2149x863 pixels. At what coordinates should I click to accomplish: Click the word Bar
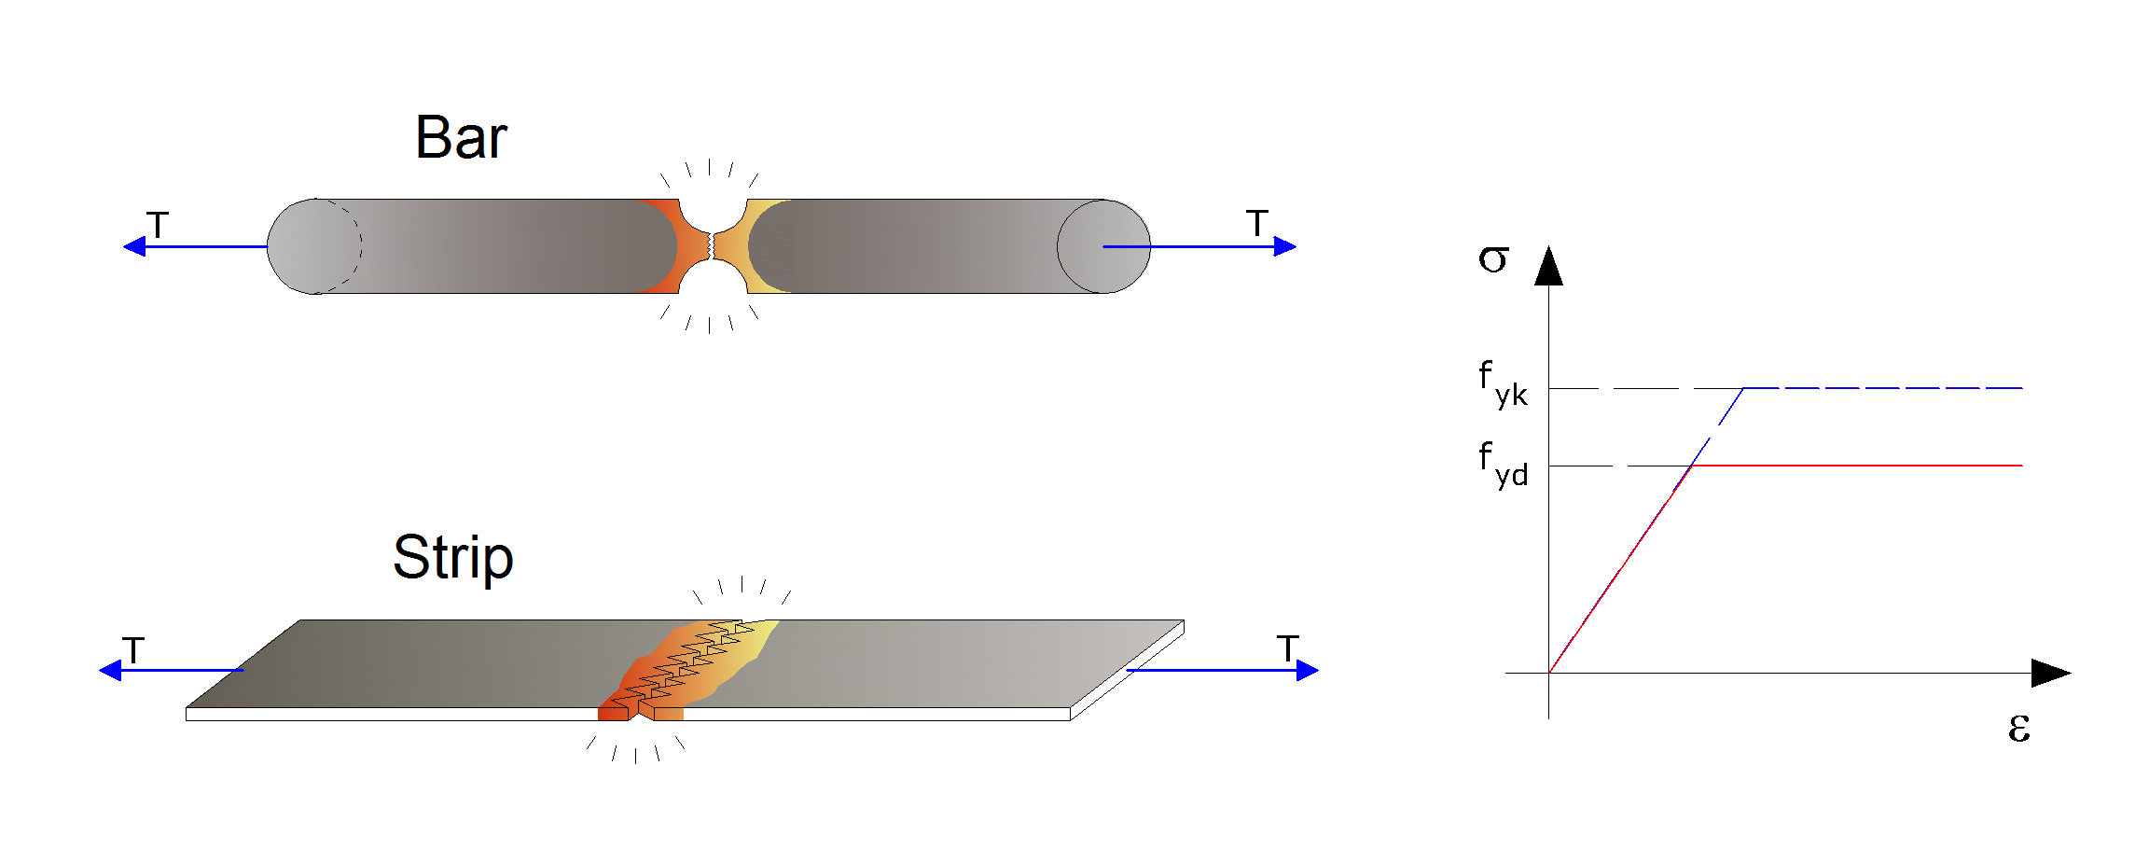click(461, 138)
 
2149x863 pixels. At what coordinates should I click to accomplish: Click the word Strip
click(453, 559)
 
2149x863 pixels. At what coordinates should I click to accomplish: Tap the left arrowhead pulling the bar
click(134, 246)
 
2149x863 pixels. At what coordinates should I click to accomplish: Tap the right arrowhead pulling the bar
click(1285, 246)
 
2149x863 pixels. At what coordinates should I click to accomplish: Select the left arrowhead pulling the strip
click(110, 670)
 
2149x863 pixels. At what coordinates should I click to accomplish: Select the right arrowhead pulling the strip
click(1308, 670)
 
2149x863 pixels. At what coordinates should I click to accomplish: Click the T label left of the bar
click(158, 225)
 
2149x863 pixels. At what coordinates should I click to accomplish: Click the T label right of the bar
click(1257, 223)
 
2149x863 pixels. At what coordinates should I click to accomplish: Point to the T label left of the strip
click(133, 650)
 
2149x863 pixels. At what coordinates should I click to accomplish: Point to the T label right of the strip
click(1288, 648)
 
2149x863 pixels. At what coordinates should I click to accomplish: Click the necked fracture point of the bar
click(712, 246)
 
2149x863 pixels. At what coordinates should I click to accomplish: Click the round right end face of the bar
click(1103, 246)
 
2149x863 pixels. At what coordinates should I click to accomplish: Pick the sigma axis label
click(1492, 258)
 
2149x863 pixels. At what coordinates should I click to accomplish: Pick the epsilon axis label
click(2019, 727)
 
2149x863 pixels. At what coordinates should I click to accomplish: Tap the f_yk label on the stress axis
click(1503, 383)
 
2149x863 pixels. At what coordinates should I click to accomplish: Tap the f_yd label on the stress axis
click(1503, 464)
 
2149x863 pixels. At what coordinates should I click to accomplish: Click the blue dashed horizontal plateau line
click(1883, 387)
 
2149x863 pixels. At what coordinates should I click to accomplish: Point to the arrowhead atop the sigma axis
click(1549, 266)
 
